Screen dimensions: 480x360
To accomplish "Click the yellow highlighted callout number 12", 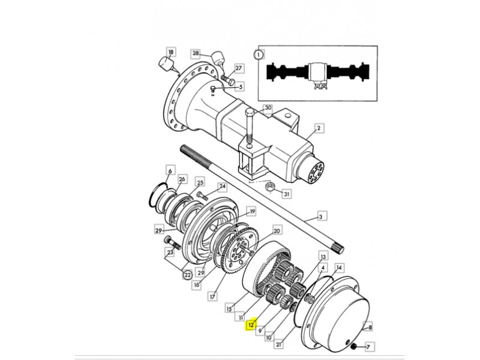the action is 251,325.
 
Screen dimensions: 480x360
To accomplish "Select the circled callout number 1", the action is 259,55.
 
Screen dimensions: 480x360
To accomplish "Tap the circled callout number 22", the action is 187,275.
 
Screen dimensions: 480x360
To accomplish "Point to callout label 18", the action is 171,52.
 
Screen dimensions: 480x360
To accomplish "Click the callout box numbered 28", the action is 196,54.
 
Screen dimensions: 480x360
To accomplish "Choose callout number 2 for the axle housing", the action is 319,128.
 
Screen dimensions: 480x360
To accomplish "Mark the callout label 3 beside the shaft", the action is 320,217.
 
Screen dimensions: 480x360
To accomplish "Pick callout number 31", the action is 287,194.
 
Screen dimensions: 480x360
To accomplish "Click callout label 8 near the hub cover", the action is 370,327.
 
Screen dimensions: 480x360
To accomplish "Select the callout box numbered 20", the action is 277,230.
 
